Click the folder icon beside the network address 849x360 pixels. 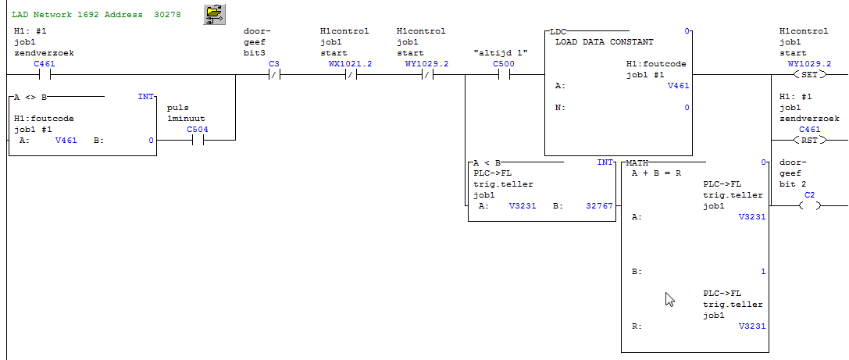(212, 14)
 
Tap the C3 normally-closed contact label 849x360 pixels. (273, 63)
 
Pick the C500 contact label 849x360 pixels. (504, 63)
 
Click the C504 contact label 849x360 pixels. (197, 129)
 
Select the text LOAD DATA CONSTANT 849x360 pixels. (604, 41)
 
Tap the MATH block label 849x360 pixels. (637, 162)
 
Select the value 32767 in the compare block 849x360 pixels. (599, 206)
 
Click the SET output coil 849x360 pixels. (809, 75)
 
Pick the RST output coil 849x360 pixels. (809, 141)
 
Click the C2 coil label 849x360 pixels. (809, 194)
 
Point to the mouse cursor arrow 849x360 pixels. (669, 298)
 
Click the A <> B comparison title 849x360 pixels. (30, 97)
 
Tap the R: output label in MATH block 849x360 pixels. (636, 327)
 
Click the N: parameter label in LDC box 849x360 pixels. (558, 108)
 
